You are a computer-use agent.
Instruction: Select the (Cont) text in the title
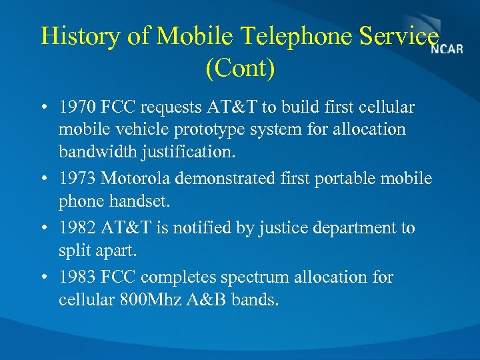point(240,68)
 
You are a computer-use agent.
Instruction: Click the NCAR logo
point(447,49)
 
